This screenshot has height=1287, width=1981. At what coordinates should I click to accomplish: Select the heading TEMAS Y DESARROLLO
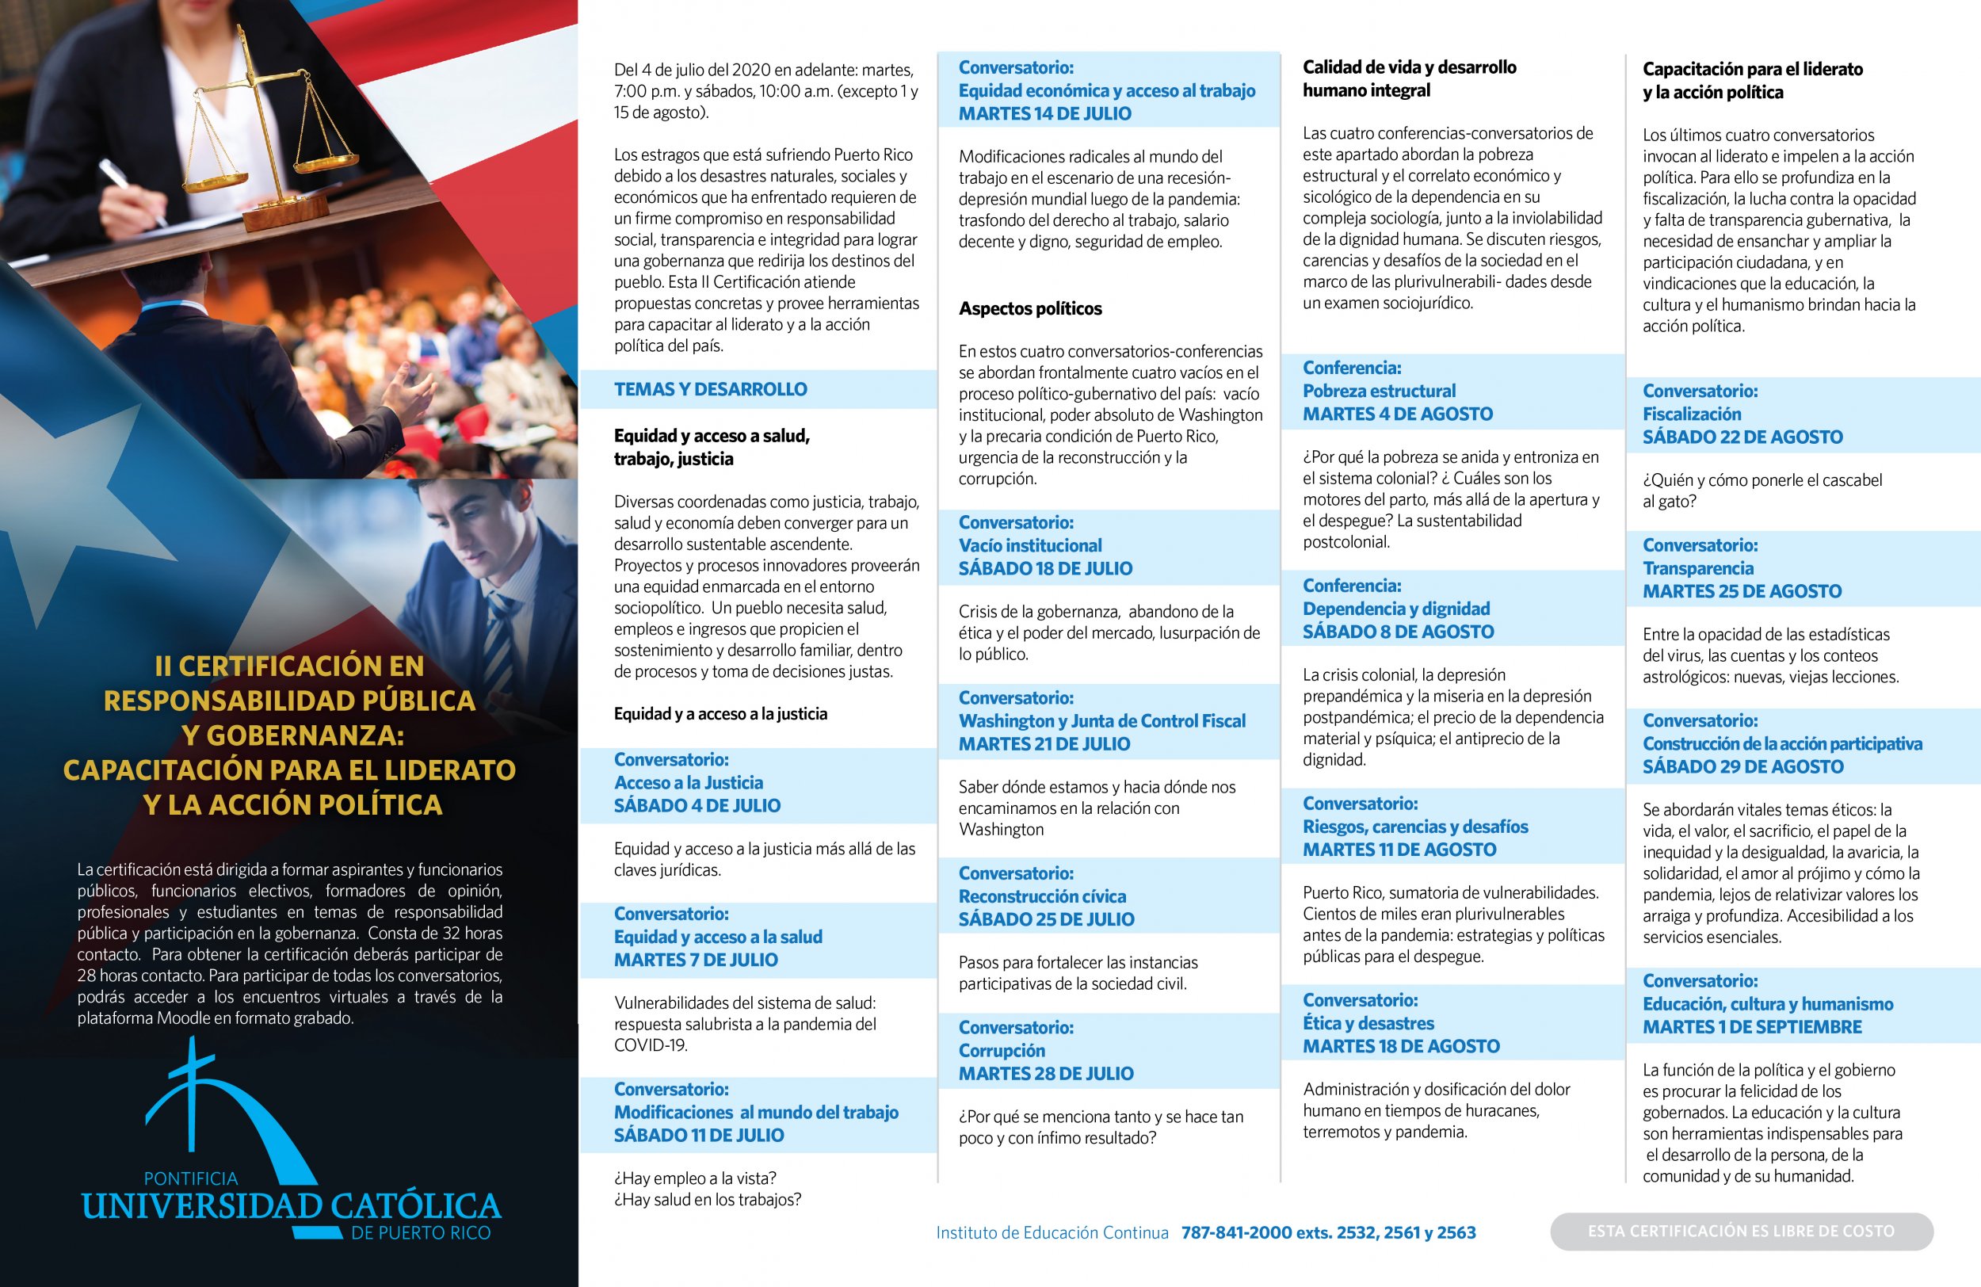pos(710,389)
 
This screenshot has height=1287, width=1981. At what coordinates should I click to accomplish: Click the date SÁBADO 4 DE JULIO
pos(697,805)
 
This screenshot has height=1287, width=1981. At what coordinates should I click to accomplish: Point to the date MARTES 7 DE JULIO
pos(696,959)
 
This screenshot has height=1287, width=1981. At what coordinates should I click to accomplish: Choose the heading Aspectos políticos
pos(1029,308)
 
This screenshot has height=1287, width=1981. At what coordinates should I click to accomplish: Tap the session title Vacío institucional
pos(1029,545)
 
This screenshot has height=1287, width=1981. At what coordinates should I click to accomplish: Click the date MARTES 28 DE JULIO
pos(1045,1073)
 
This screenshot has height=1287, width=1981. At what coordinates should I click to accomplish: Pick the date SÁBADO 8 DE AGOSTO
pos(1398,631)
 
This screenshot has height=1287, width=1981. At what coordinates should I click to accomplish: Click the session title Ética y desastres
pos(1368,1022)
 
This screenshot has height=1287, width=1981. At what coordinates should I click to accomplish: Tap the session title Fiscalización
pos(1691,414)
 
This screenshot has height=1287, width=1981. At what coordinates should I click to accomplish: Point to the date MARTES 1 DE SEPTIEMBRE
pos(1751,1026)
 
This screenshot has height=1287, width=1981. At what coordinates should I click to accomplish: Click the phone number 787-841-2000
pos(1236,1232)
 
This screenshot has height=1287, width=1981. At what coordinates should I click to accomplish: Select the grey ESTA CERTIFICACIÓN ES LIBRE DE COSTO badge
pos(1740,1231)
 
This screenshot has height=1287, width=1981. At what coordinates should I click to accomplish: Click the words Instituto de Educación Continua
pos(1052,1232)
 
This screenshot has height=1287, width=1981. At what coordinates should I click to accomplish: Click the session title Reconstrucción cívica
pos(1041,896)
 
